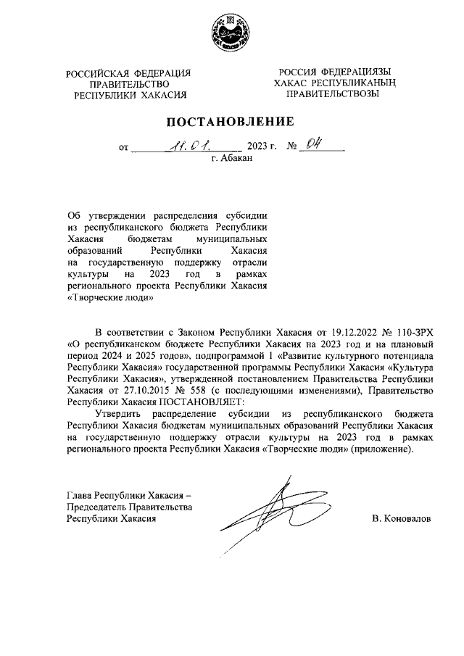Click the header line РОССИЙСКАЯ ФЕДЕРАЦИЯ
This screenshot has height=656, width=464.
tap(128, 73)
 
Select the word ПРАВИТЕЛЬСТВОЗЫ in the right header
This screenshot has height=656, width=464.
tap(333, 94)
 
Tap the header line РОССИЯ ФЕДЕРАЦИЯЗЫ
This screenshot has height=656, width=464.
tap(333, 72)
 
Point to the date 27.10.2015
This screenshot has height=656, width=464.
tap(130, 390)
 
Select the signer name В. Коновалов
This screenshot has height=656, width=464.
tap(400, 519)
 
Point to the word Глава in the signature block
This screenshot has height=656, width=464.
tap(80, 495)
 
